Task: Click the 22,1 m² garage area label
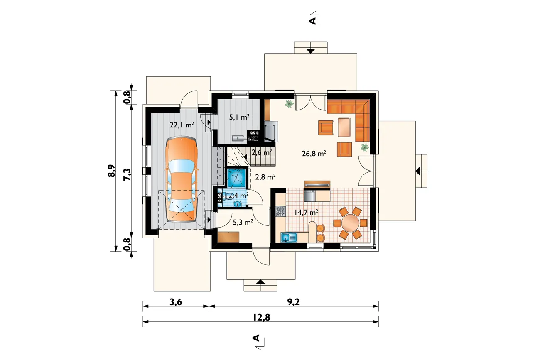(x=182, y=125)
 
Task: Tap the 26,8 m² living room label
(x=314, y=153)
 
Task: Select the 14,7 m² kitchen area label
(x=306, y=212)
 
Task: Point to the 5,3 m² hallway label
(x=243, y=222)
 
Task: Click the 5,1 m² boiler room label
(x=239, y=117)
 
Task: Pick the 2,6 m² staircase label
(x=262, y=152)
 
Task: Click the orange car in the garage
(x=181, y=179)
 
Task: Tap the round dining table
(x=350, y=223)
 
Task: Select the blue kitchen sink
(x=289, y=238)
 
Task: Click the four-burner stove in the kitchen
(x=281, y=211)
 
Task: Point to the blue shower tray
(x=237, y=178)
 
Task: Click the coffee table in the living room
(x=344, y=127)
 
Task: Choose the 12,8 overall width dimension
(x=262, y=317)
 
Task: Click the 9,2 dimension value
(x=294, y=302)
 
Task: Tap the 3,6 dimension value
(x=176, y=302)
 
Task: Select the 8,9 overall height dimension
(x=112, y=171)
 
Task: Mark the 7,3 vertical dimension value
(x=127, y=174)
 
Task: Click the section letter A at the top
(x=312, y=21)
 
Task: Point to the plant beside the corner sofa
(x=365, y=147)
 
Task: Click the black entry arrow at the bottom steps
(x=260, y=282)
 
